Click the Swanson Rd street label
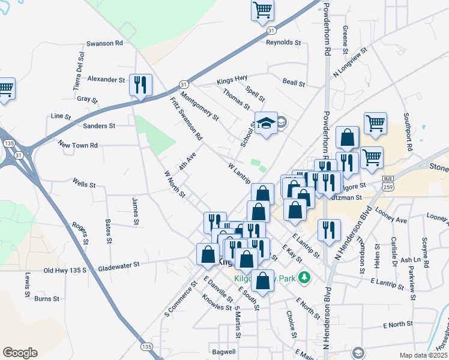(104, 43)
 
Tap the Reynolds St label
(283, 43)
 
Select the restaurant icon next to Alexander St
(140, 85)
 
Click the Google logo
(20, 353)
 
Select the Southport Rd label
(408, 131)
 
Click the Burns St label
(46, 298)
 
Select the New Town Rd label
(77, 145)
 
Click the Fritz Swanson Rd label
(186, 119)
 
